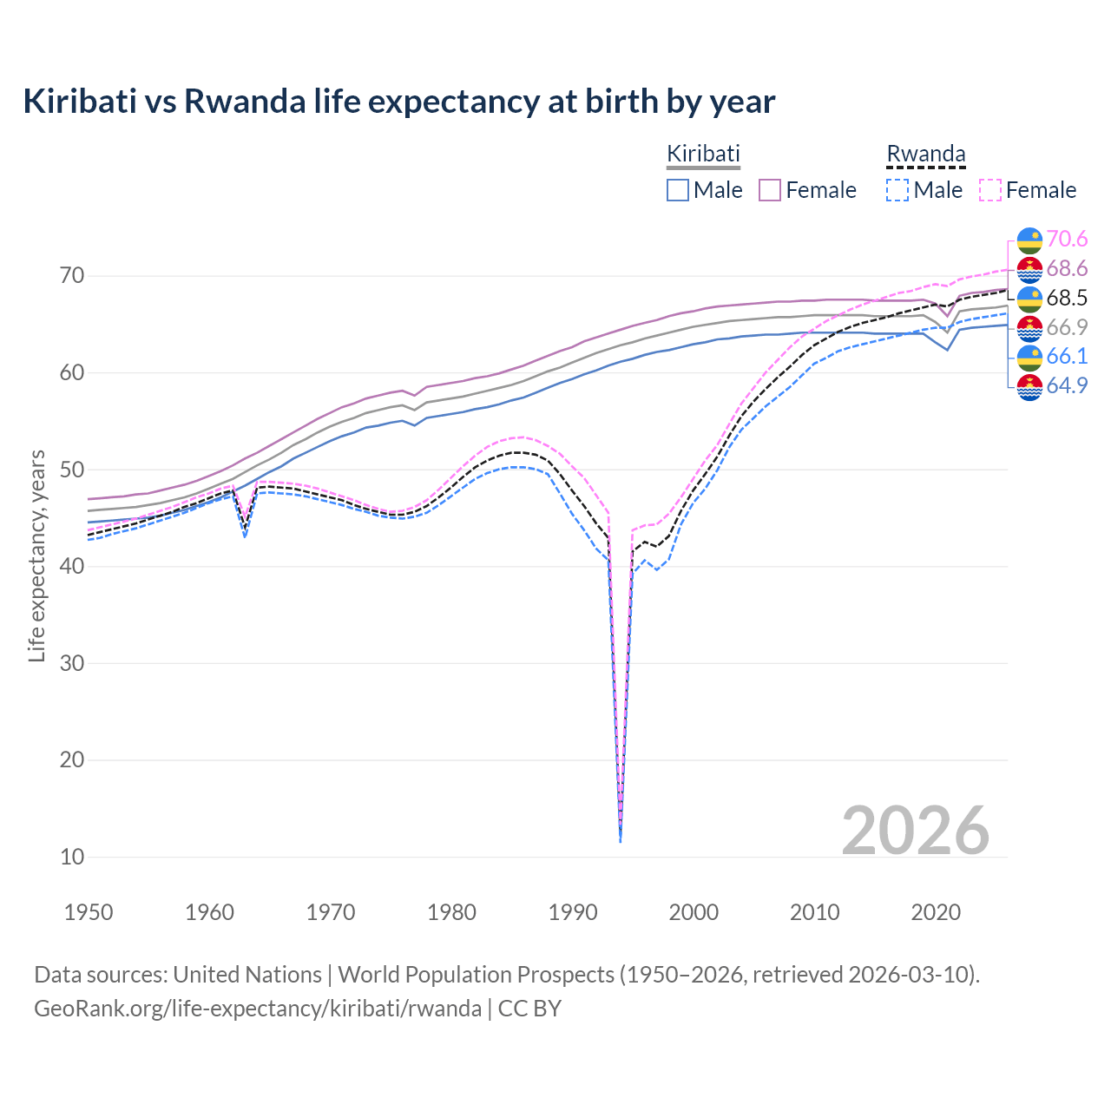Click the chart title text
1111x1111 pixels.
tap(398, 102)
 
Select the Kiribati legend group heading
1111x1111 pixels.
tap(703, 154)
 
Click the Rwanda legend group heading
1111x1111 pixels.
tap(925, 154)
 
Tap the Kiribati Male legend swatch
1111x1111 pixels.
tap(678, 190)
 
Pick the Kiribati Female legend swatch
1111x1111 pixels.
tap(770, 190)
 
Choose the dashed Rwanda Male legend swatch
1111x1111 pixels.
tap(897, 190)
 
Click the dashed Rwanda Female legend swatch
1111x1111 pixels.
tap(990, 190)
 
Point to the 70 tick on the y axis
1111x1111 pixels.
tap(72, 276)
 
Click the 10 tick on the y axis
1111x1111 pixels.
tap(72, 857)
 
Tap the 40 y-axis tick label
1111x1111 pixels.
tap(72, 566)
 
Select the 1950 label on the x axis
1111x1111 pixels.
tap(89, 912)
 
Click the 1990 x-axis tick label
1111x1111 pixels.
tap(573, 912)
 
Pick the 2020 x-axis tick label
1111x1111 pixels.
tap(936, 912)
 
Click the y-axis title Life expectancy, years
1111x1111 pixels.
tap(36, 555)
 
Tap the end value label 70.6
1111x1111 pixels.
tap(1067, 239)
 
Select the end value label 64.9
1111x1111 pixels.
tap(1067, 385)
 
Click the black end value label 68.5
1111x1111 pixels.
tap(1067, 298)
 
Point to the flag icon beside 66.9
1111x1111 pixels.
tap(1029, 327)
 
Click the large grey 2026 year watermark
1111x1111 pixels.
tap(915, 831)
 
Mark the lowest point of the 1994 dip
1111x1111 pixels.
tap(620, 841)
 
